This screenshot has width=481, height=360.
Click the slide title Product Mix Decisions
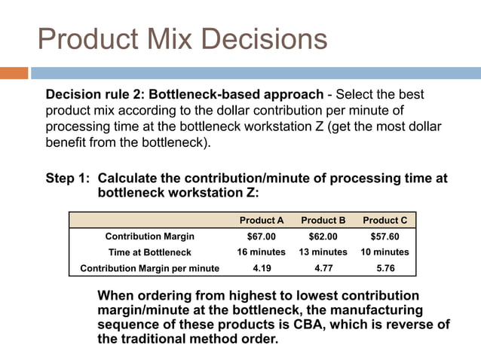[x=182, y=39]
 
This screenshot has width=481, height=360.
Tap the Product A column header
[x=262, y=221]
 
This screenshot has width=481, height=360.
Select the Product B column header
[x=323, y=221]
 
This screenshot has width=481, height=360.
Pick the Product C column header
[x=384, y=221]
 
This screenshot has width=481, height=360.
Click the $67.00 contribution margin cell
[x=262, y=236]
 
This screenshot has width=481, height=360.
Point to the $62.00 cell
[x=323, y=236]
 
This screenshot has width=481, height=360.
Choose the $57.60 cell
[x=384, y=236]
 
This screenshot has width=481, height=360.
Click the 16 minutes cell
[x=262, y=252]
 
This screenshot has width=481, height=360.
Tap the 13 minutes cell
[x=323, y=252]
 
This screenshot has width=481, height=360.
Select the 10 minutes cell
[x=384, y=252]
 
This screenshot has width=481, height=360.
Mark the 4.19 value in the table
[x=262, y=268]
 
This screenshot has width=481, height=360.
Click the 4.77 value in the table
[x=323, y=268]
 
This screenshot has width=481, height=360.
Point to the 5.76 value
[x=384, y=268]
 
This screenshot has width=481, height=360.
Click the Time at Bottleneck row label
[x=149, y=252]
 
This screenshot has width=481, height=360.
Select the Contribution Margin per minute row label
[x=149, y=268]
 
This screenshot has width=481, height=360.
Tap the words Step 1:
[x=69, y=178]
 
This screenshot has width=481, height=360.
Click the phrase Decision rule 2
[x=95, y=96]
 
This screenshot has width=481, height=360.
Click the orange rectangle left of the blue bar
[x=14, y=73]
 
